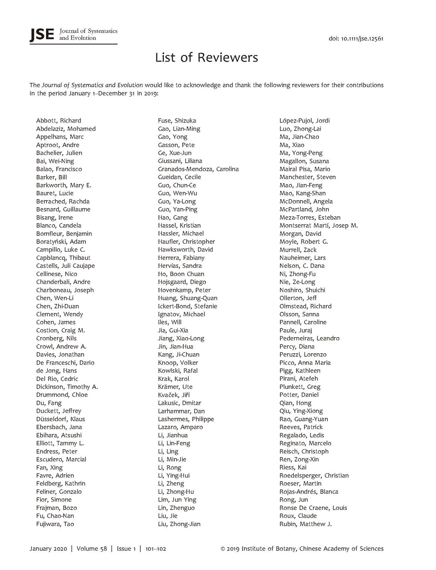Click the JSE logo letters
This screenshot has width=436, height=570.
point(41,35)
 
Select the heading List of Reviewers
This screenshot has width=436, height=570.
point(207,58)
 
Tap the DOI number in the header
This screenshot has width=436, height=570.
point(356,38)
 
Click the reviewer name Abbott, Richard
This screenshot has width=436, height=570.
point(58,121)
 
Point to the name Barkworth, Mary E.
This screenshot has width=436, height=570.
point(64,185)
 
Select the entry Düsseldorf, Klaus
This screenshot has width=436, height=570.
point(61,419)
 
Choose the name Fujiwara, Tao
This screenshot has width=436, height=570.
point(55,524)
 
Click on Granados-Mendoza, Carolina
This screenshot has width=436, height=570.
point(198,169)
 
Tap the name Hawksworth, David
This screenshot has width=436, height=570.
point(185,250)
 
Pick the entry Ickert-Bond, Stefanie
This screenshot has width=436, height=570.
point(187,306)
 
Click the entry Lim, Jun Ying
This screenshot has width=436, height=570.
point(177,500)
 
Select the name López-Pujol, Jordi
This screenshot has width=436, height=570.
point(304,121)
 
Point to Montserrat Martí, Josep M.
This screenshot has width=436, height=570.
point(318,225)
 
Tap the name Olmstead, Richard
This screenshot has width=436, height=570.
point(305,306)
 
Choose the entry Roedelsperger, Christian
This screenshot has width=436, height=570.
point(314,476)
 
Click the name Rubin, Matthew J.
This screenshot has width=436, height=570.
point(305,524)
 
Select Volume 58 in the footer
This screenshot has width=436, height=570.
point(92,549)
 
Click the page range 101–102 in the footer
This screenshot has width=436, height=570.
point(156,549)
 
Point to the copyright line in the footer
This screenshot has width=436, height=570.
point(302,549)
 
